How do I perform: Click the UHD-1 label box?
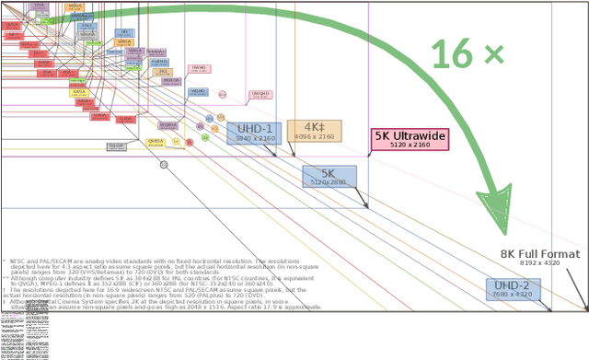(x=254, y=133)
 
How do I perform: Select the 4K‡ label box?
(x=314, y=131)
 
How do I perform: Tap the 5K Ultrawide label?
(x=410, y=139)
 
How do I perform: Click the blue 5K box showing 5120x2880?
(x=329, y=176)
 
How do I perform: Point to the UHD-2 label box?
(x=513, y=289)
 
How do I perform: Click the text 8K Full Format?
(x=540, y=254)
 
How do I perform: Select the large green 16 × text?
(x=467, y=54)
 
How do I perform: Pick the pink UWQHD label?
(x=260, y=95)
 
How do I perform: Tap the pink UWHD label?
(x=199, y=68)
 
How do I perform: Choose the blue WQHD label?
(x=197, y=92)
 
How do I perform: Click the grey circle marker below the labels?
(x=164, y=165)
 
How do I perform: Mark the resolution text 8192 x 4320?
(x=540, y=263)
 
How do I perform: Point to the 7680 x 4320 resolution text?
(x=513, y=295)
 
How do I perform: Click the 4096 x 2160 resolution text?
(x=314, y=136)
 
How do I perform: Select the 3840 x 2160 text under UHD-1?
(x=255, y=138)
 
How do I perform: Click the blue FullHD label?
(x=159, y=62)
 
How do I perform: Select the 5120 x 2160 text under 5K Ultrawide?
(x=410, y=145)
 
